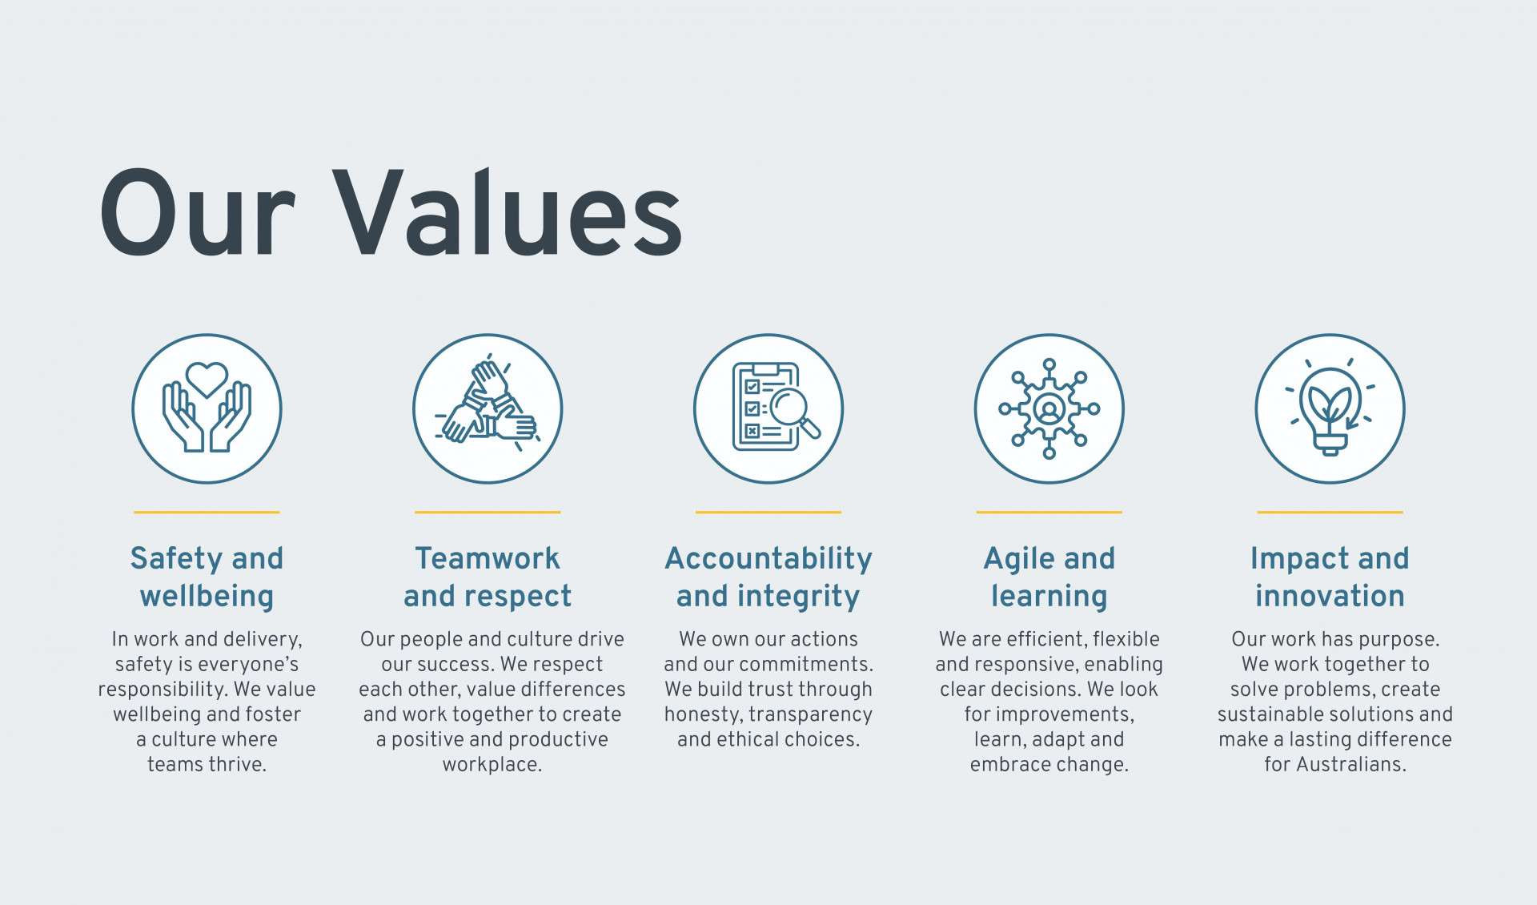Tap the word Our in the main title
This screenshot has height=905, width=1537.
pyautogui.click(x=197, y=214)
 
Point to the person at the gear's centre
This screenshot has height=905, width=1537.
pyautogui.click(x=1049, y=408)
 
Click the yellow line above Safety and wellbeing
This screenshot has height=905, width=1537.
pyautogui.click(x=207, y=512)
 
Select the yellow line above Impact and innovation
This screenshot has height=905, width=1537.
pyautogui.click(x=1330, y=512)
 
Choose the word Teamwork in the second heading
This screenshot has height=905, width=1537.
pyautogui.click(x=488, y=558)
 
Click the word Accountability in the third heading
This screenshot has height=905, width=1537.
pyautogui.click(x=768, y=559)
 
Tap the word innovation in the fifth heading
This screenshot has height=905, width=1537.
pyautogui.click(x=1330, y=596)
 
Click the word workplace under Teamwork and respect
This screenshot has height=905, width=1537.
pyautogui.click(x=492, y=765)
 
